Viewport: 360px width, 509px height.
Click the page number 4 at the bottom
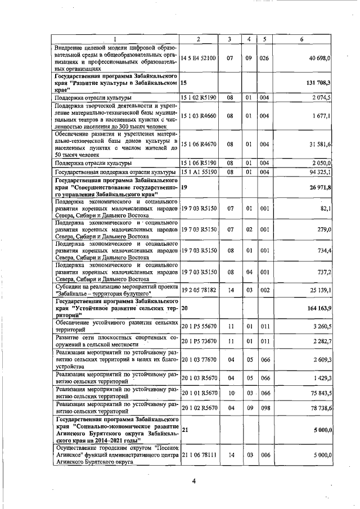click(x=193, y=481)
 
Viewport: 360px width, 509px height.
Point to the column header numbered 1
click(x=116, y=39)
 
